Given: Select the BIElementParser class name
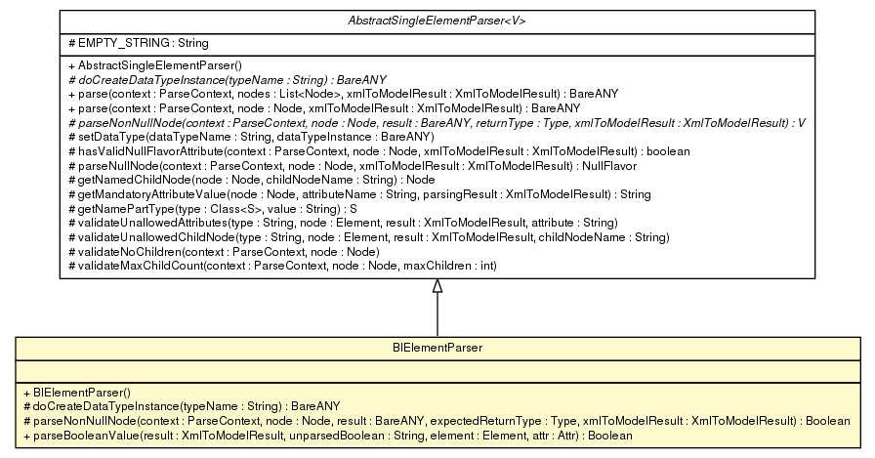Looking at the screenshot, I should click(x=437, y=347).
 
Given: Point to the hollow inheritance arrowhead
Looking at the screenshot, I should click(x=437, y=285).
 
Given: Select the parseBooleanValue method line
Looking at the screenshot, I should click(x=326, y=435).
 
